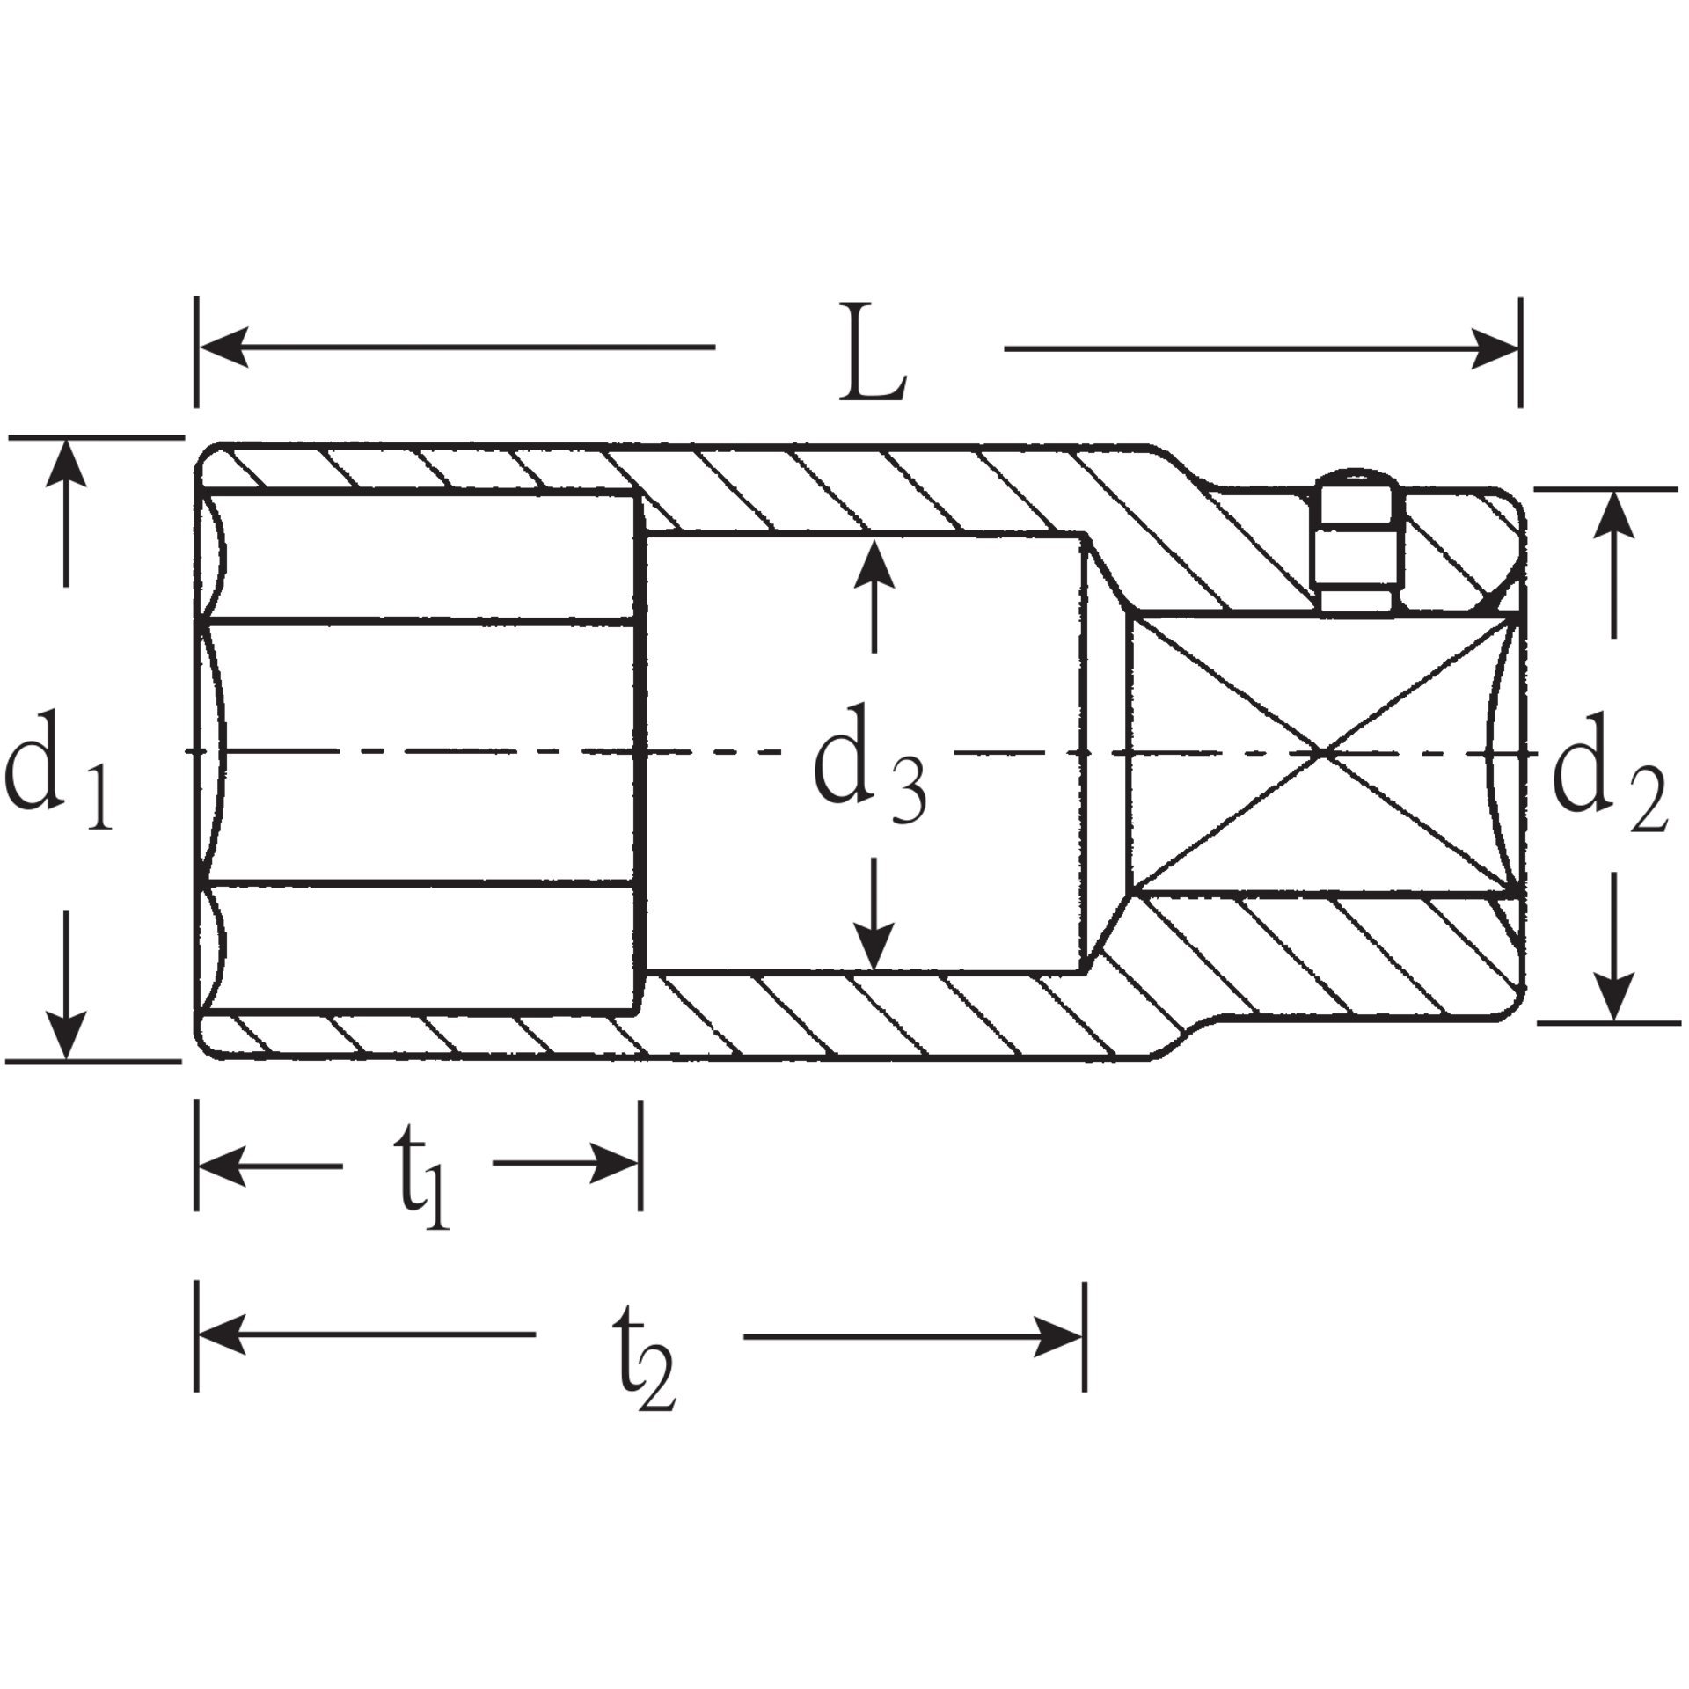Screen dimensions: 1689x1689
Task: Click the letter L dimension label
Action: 871,355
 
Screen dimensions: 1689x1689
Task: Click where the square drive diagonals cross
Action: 1324,752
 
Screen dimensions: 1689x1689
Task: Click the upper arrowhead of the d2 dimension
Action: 1613,514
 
